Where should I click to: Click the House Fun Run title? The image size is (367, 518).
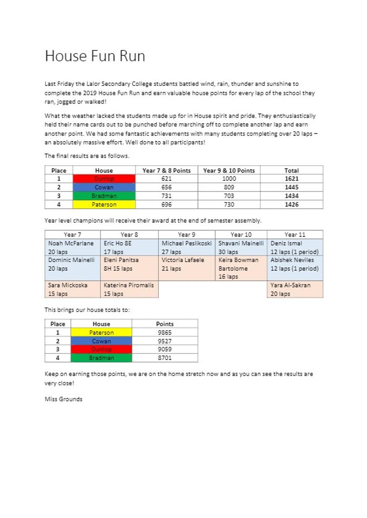point(95,57)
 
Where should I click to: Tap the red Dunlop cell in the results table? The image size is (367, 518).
point(104,179)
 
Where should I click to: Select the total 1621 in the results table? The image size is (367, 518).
point(292,179)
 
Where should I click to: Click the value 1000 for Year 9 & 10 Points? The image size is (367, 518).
point(229,179)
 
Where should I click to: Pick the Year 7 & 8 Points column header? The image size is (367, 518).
point(166,171)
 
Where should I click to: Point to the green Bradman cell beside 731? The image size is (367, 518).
point(104,196)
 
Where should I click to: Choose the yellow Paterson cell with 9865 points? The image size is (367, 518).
point(101,332)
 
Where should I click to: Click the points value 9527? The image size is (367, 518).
point(165,341)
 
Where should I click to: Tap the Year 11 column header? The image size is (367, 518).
point(295,234)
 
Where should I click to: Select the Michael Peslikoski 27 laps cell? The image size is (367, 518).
point(187,247)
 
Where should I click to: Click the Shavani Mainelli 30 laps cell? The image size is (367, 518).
point(241,247)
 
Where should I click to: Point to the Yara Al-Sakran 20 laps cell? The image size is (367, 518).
point(295,289)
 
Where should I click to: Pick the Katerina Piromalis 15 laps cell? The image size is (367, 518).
point(129,289)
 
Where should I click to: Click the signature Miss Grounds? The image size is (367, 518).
point(64,399)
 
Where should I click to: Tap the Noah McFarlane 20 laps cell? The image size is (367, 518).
point(72,247)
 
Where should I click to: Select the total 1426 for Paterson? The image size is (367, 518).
point(292,205)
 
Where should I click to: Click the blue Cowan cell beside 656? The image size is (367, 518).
point(104,187)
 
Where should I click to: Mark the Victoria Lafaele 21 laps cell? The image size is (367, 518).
point(187,264)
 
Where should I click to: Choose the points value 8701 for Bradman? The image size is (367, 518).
point(165,358)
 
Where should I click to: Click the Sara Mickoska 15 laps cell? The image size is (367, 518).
point(72,289)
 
